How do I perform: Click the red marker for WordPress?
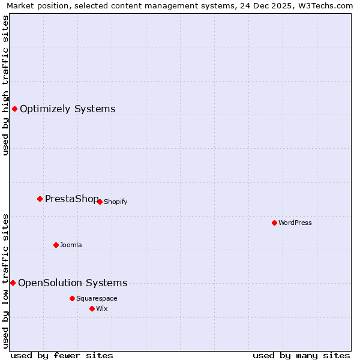click(274, 223)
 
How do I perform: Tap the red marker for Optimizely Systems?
click(14, 109)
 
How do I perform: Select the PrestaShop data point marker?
click(40, 199)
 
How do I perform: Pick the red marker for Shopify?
click(100, 202)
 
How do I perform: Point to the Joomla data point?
click(56, 245)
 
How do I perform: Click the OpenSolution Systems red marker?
click(13, 283)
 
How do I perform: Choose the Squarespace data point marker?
click(72, 298)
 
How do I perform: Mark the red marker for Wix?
click(92, 308)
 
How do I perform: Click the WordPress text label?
click(295, 223)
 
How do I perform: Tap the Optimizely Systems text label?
click(67, 109)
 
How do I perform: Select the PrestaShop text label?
click(71, 199)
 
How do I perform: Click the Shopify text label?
click(115, 202)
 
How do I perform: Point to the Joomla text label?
click(71, 245)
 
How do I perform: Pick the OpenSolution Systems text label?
click(73, 283)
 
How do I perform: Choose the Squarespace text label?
click(97, 298)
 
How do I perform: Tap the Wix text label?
click(101, 308)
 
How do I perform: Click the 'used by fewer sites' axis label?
click(62, 355)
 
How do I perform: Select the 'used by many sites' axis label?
click(301, 355)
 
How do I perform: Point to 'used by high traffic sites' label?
click(5, 85)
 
